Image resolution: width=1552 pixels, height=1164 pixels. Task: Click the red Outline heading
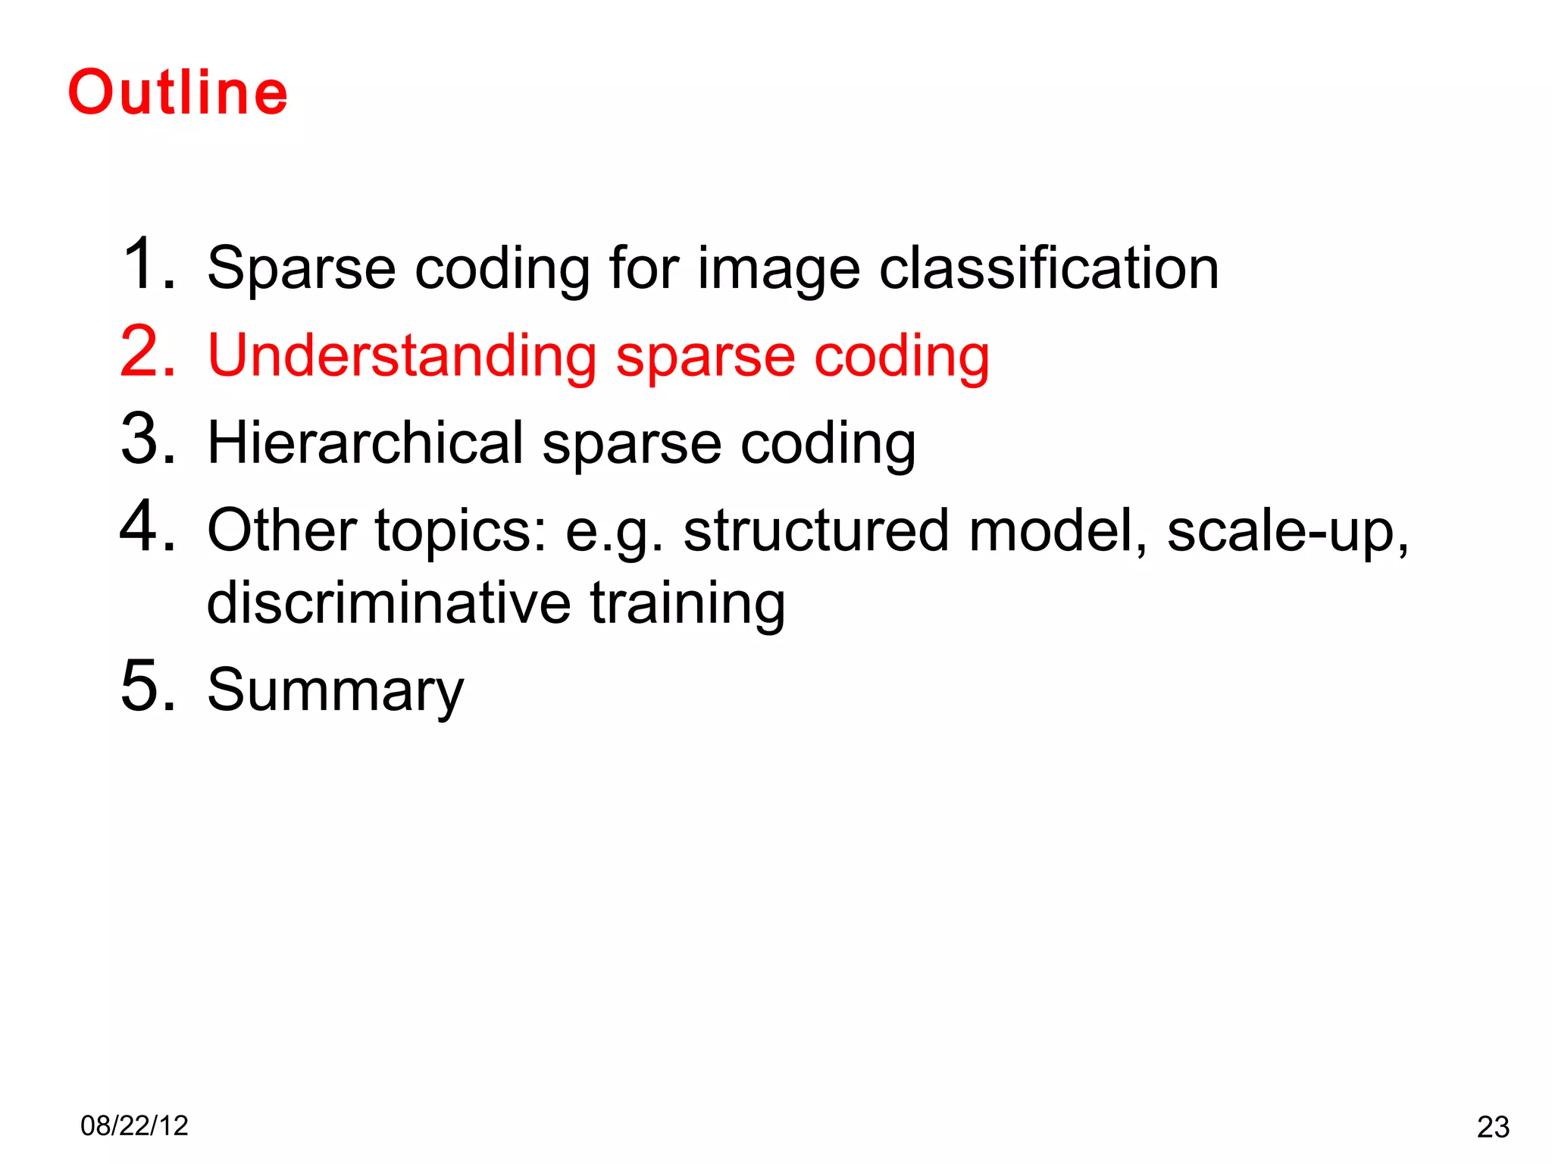178,92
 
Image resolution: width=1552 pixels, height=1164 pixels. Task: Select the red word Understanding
402,356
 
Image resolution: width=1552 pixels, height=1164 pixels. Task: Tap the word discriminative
389,603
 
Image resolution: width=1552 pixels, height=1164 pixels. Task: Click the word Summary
335,691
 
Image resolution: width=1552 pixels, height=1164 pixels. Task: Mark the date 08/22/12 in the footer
134,1126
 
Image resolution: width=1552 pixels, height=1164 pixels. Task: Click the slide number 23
1493,1128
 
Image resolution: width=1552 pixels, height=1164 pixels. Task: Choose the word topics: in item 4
461,532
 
